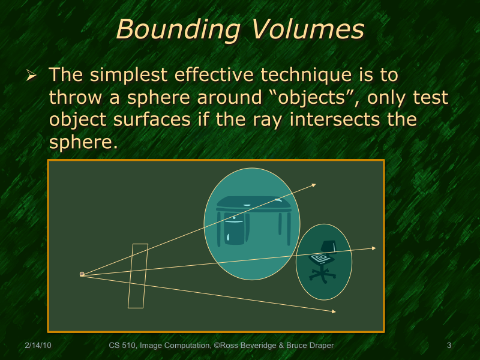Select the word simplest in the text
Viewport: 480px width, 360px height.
click(x=130, y=76)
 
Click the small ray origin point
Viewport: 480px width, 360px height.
click(x=82, y=274)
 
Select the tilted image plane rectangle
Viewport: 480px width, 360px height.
click(x=137, y=276)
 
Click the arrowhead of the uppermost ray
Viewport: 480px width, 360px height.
click(x=314, y=185)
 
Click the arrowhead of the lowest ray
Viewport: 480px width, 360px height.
click(x=333, y=311)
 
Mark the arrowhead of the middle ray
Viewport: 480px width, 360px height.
click(x=374, y=248)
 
